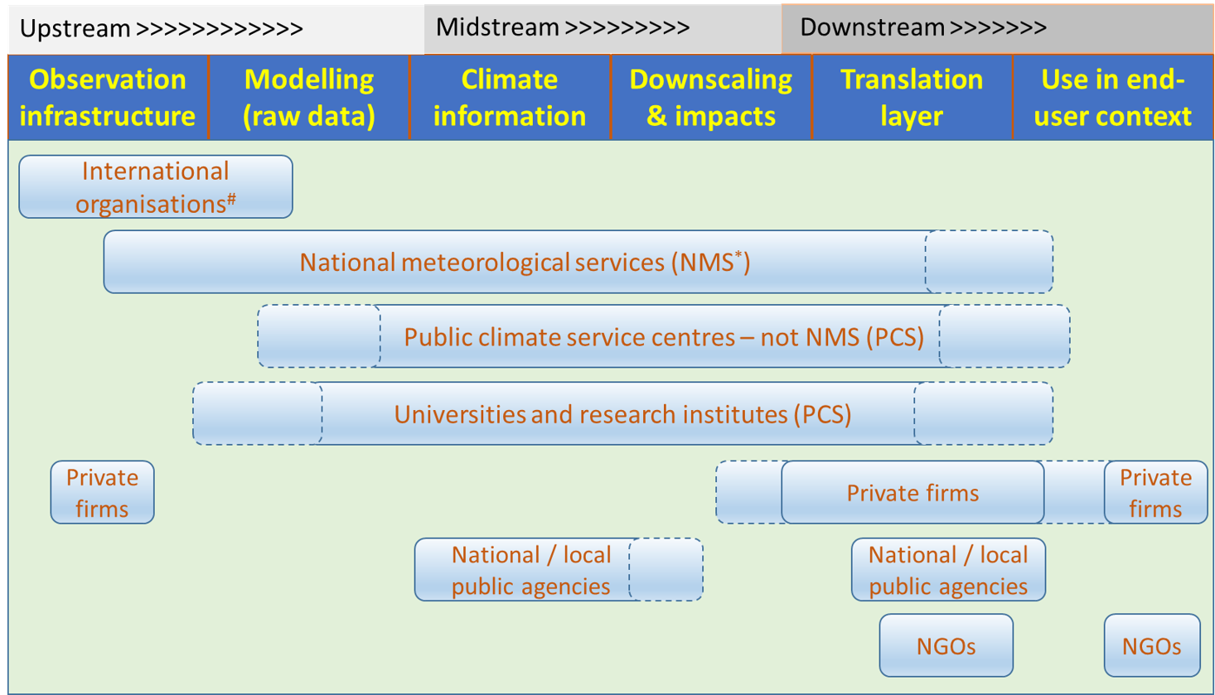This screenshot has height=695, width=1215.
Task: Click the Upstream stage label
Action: click(x=161, y=28)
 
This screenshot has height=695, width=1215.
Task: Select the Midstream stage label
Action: click(x=563, y=27)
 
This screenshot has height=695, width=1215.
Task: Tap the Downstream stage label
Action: click(x=923, y=27)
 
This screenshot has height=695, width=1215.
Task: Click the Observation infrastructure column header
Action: click(x=108, y=98)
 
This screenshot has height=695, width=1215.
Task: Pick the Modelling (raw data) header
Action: click(x=309, y=98)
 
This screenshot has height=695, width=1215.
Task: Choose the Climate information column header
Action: click(x=510, y=98)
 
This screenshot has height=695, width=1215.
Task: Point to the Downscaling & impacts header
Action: click(x=711, y=98)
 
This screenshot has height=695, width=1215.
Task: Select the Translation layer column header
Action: click(x=912, y=98)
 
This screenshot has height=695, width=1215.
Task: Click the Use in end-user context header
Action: click(x=1113, y=98)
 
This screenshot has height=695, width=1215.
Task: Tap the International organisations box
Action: click(x=156, y=187)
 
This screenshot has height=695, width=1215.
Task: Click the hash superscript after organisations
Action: click(x=231, y=199)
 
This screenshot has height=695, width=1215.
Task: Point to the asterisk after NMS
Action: click(x=738, y=254)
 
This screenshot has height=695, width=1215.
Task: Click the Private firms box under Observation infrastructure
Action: click(x=103, y=492)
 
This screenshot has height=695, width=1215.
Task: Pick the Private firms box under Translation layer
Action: click(x=912, y=492)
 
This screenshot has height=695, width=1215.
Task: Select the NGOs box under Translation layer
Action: click(x=946, y=645)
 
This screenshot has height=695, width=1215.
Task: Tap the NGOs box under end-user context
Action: click(x=1152, y=645)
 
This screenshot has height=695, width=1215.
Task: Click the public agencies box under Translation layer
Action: click(x=949, y=570)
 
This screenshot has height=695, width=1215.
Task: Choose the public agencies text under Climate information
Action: click(x=531, y=586)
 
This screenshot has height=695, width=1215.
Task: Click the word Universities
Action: click(x=459, y=414)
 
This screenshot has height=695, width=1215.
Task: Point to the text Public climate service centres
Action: click(x=569, y=337)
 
